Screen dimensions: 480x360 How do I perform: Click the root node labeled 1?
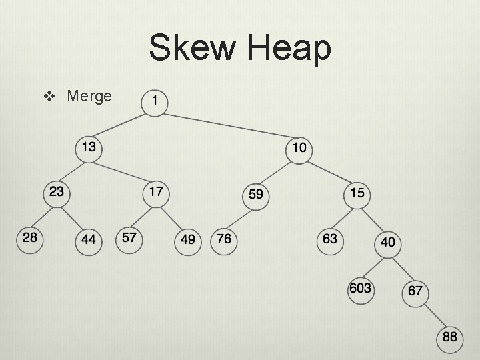(155, 101)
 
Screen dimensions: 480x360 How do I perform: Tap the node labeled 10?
(299, 147)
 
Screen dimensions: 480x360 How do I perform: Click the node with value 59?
(255, 195)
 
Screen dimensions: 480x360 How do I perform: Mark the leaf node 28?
(30, 238)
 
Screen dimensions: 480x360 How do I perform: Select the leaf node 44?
(89, 239)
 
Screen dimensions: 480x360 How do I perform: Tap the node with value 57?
(130, 238)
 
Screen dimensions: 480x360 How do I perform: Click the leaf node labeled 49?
(189, 239)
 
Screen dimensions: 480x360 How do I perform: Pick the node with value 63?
(330, 239)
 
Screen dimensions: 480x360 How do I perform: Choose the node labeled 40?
(387, 243)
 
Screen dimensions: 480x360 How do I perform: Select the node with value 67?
(415, 291)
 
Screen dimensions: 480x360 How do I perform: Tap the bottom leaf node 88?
(450, 337)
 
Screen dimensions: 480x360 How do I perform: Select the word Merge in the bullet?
(89, 96)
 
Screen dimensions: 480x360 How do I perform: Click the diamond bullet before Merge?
(48, 97)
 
